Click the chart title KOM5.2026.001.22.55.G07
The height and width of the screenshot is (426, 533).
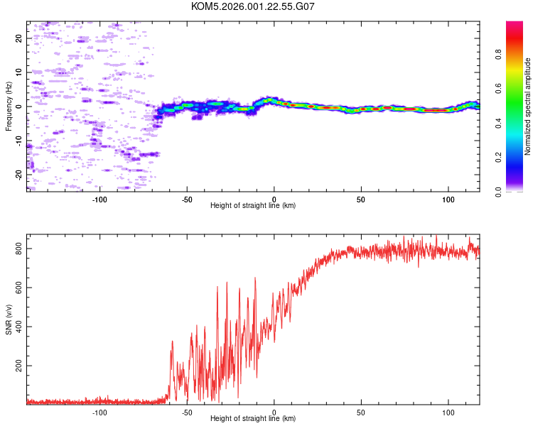click(253, 6)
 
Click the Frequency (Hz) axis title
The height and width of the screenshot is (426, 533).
click(9, 106)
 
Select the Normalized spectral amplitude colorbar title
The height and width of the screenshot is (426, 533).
click(528, 106)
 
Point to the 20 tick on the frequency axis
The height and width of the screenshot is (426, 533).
click(19, 38)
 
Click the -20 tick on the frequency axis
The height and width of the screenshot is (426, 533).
click(19, 173)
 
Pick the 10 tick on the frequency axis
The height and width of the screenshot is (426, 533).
click(19, 72)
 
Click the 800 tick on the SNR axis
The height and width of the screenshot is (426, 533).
click(17, 249)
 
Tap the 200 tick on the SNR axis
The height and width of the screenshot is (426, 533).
click(17, 366)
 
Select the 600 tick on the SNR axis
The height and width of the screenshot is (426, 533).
click(17, 288)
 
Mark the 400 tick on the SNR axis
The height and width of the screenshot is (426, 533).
click(17, 327)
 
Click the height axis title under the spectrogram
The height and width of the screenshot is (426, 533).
click(253, 206)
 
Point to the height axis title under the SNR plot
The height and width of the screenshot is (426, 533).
click(253, 419)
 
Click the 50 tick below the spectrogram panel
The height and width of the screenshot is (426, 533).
click(361, 199)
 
